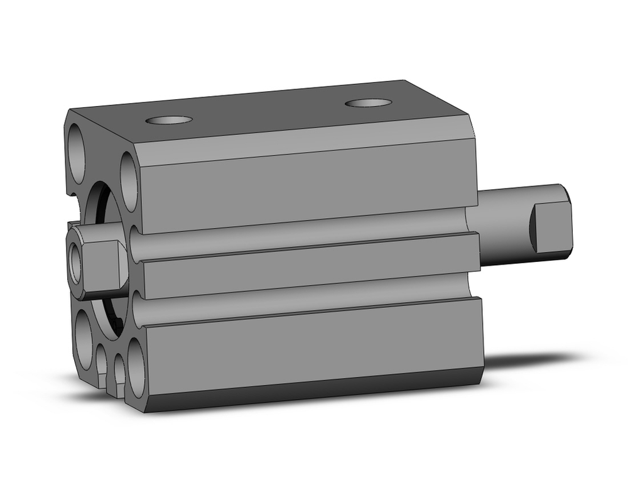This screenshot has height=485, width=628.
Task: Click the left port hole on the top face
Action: (x=168, y=119)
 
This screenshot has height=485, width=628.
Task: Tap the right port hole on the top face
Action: (x=367, y=102)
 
